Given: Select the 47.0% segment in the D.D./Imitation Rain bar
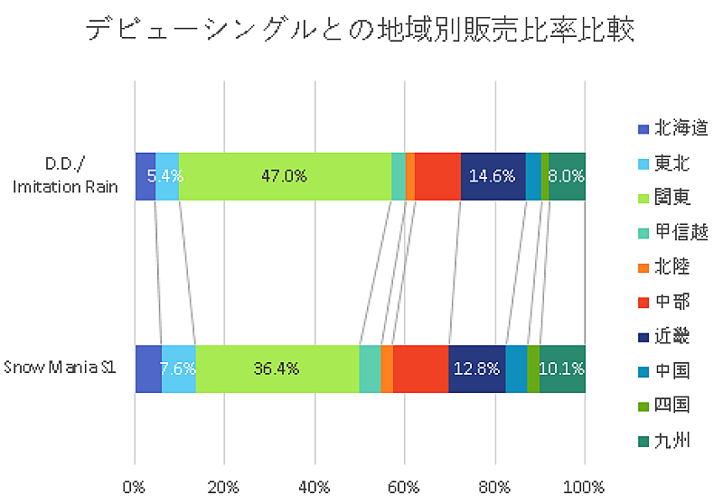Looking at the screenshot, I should click(285, 176).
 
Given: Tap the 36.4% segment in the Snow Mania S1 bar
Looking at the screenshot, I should click(277, 369).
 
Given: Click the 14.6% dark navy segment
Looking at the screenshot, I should click(493, 176).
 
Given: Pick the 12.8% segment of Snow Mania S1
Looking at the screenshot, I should click(476, 369).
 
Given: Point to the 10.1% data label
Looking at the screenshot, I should click(562, 369).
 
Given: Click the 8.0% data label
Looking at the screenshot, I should click(568, 176).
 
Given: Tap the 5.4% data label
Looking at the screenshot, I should click(166, 176).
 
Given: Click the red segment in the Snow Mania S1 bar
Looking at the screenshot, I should click(420, 369).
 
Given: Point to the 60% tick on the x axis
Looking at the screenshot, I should click(404, 487).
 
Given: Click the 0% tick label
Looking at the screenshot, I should click(135, 487).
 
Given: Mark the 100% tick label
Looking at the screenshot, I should click(584, 487).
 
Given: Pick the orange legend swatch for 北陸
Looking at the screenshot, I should click(643, 267).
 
